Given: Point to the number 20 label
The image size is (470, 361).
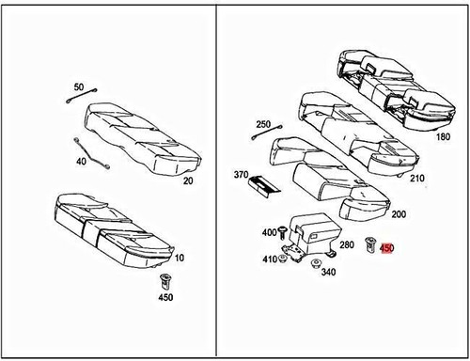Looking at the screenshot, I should (x=188, y=181).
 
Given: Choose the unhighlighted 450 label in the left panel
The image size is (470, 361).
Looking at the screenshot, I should (x=165, y=298).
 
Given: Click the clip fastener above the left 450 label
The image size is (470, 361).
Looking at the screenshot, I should (x=166, y=279).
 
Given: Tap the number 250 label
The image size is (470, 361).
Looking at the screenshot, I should (x=263, y=124).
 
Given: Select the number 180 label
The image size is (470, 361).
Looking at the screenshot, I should (x=444, y=136).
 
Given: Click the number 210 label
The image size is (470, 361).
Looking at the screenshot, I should (x=418, y=179).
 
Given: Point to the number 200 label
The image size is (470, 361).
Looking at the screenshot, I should (x=399, y=214).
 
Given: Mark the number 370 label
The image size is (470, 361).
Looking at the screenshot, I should (x=241, y=175).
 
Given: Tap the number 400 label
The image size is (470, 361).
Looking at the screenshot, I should (x=269, y=232).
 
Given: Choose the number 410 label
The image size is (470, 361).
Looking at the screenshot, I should (x=269, y=259).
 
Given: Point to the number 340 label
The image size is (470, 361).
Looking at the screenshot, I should (x=328, y=273).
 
